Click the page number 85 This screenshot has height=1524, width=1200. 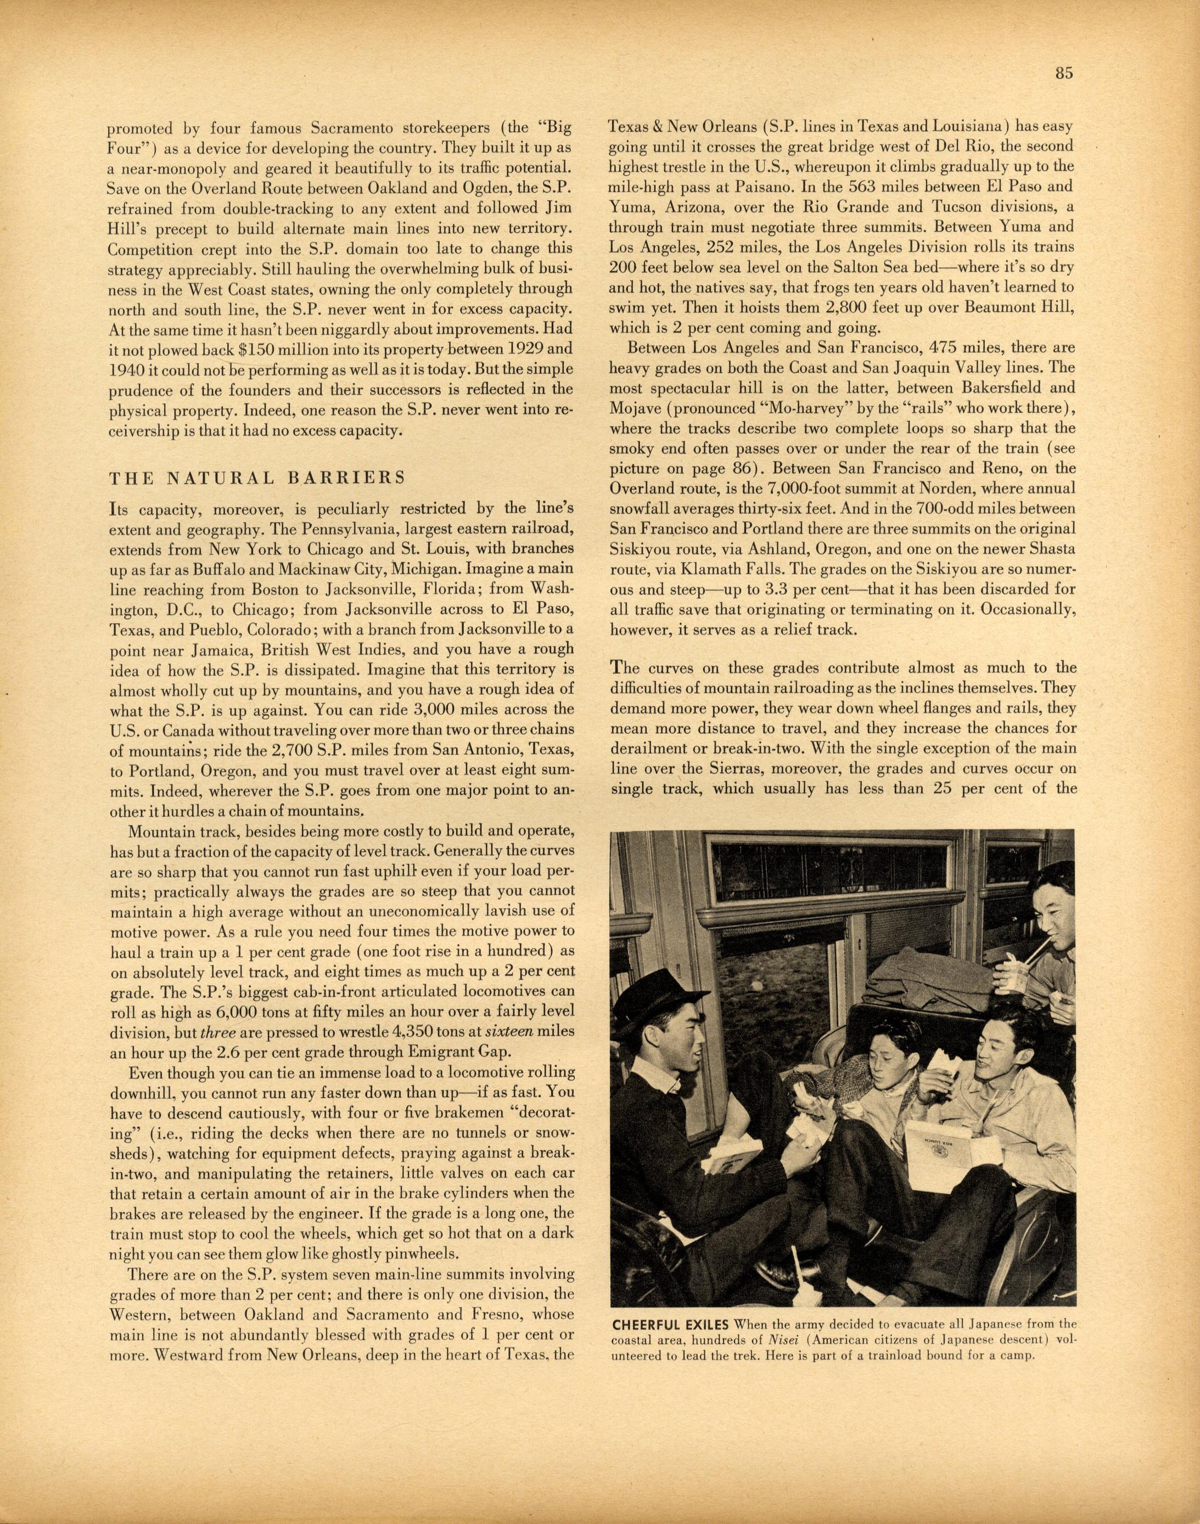(1063, 74)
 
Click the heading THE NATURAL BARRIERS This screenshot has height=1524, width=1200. (258, 478)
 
